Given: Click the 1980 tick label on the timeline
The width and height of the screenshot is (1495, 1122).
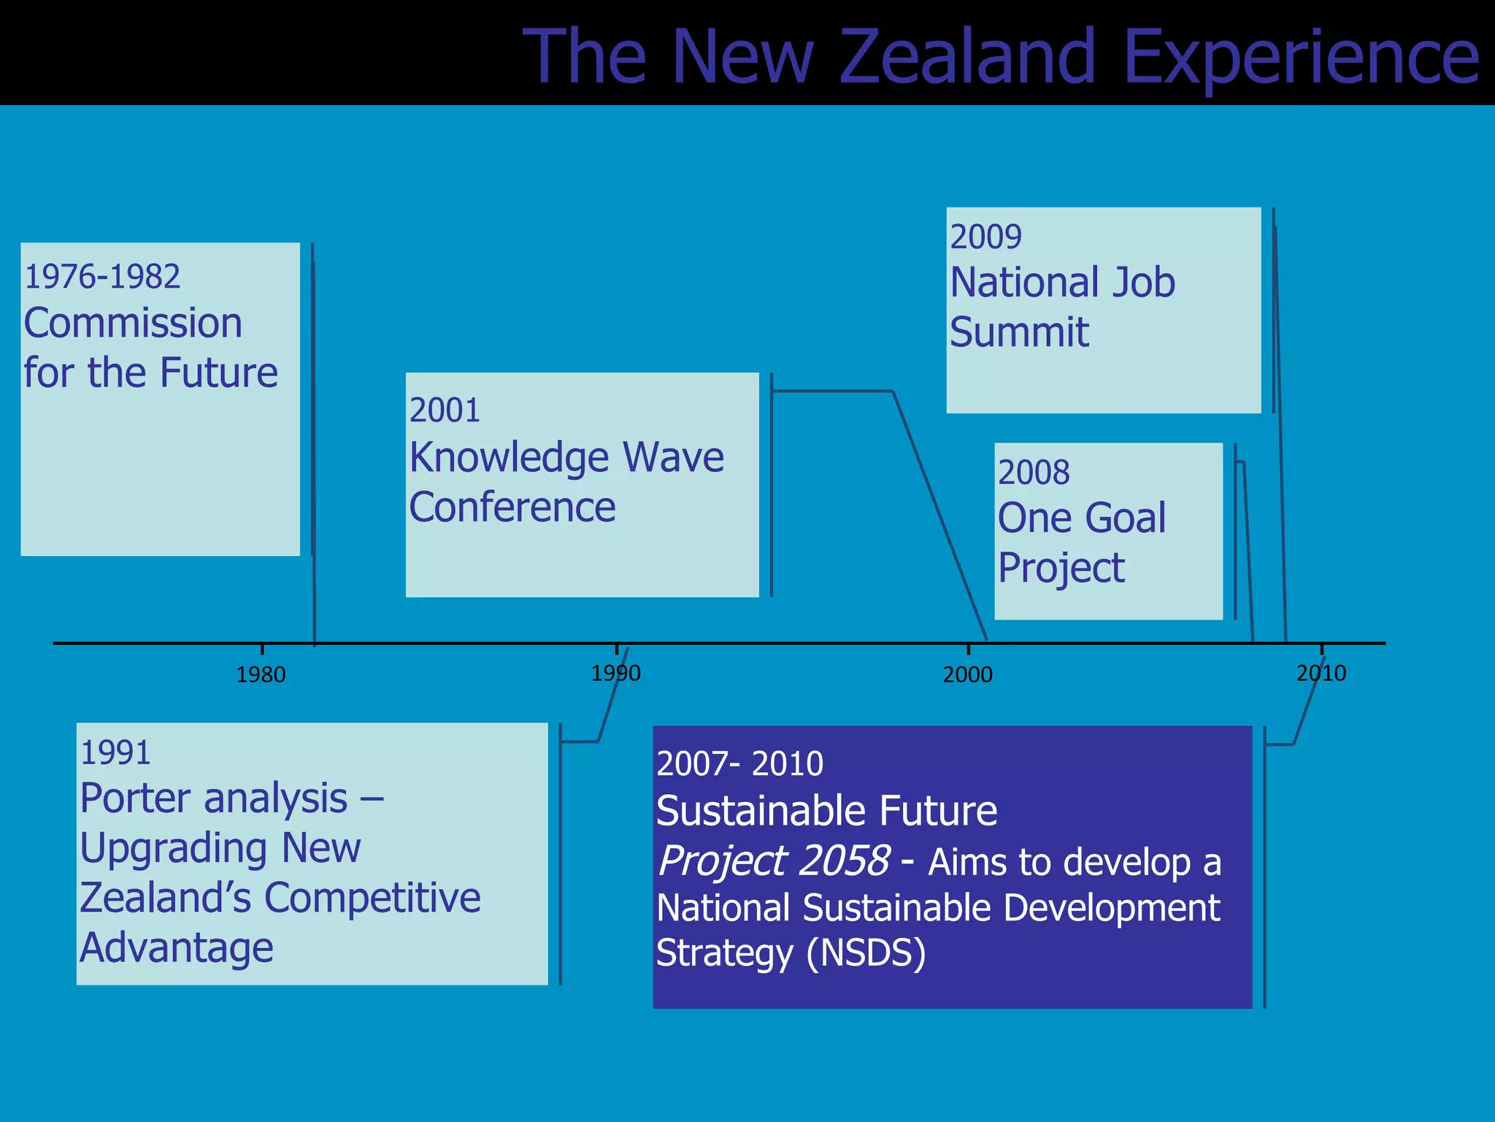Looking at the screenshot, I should [261, 675].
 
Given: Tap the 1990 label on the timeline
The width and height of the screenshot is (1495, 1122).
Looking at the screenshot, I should [615, 673].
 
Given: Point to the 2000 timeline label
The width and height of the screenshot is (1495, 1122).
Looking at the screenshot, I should [967, 675].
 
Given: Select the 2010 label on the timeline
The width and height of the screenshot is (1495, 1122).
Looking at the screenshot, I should [1321, 673].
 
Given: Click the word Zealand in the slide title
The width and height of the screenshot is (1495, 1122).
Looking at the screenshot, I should [967, 57].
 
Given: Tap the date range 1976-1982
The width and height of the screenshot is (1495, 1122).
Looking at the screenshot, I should [102, 277].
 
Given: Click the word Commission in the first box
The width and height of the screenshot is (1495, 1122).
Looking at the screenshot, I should [133, 324].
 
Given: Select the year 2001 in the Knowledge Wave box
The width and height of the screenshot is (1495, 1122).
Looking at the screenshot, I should [445, 411].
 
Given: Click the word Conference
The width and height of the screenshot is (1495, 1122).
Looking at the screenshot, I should [512, 507].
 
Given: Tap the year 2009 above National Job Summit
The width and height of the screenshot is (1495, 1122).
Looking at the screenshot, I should [985, 237].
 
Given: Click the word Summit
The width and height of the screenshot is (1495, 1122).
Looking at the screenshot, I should [1019, 332].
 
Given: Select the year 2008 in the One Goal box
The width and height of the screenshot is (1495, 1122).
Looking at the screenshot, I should [1034, 473].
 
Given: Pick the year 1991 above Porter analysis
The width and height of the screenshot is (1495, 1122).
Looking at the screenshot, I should [115, 753].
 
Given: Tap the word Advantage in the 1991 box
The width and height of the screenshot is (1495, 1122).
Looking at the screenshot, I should [176, 948].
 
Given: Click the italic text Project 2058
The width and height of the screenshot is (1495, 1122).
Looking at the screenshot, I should [773, 861].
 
